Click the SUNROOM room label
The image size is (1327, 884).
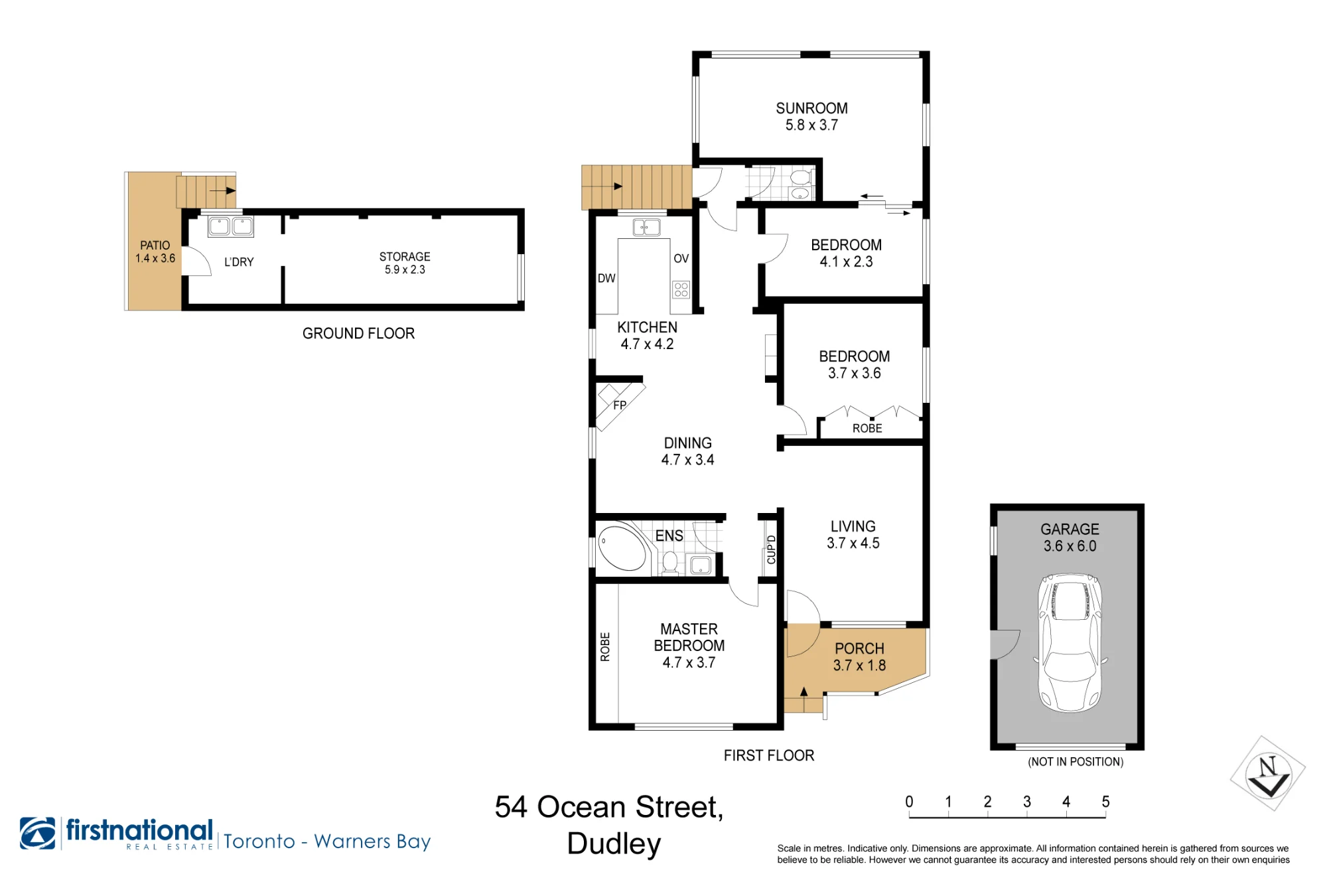click(x=811, y=108)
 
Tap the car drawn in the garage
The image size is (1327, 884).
click(x=1070, y=643)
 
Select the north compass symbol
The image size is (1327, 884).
click(x=1268, y=773)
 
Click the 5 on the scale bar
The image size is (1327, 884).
click(x=1105, y=802)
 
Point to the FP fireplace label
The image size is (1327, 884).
click(x=620, y=405)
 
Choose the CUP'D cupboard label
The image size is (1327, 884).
click(x=771, y=550)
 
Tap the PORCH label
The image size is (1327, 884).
click(x=859, y=648)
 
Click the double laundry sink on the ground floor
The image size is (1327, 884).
click(x=231, y=226)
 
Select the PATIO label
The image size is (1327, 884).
click(x=155, y=246)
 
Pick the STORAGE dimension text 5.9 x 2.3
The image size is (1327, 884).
click(x=405, y=269)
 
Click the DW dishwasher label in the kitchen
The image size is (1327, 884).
click(x=606, y=278)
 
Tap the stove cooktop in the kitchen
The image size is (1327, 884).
click(x=681, y=289)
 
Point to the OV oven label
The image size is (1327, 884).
click(x=681, y=258)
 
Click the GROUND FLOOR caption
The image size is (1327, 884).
click(x=358, y=333)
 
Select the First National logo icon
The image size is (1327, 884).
click(x=38, y=833)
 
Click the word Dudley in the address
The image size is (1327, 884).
click(x=614, y=844)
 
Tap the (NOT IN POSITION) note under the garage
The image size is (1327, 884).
click(x=1076, y=762)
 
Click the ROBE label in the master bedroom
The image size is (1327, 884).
click(x=605, y=647)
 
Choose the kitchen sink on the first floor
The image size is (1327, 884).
click(x=646, y=228)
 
